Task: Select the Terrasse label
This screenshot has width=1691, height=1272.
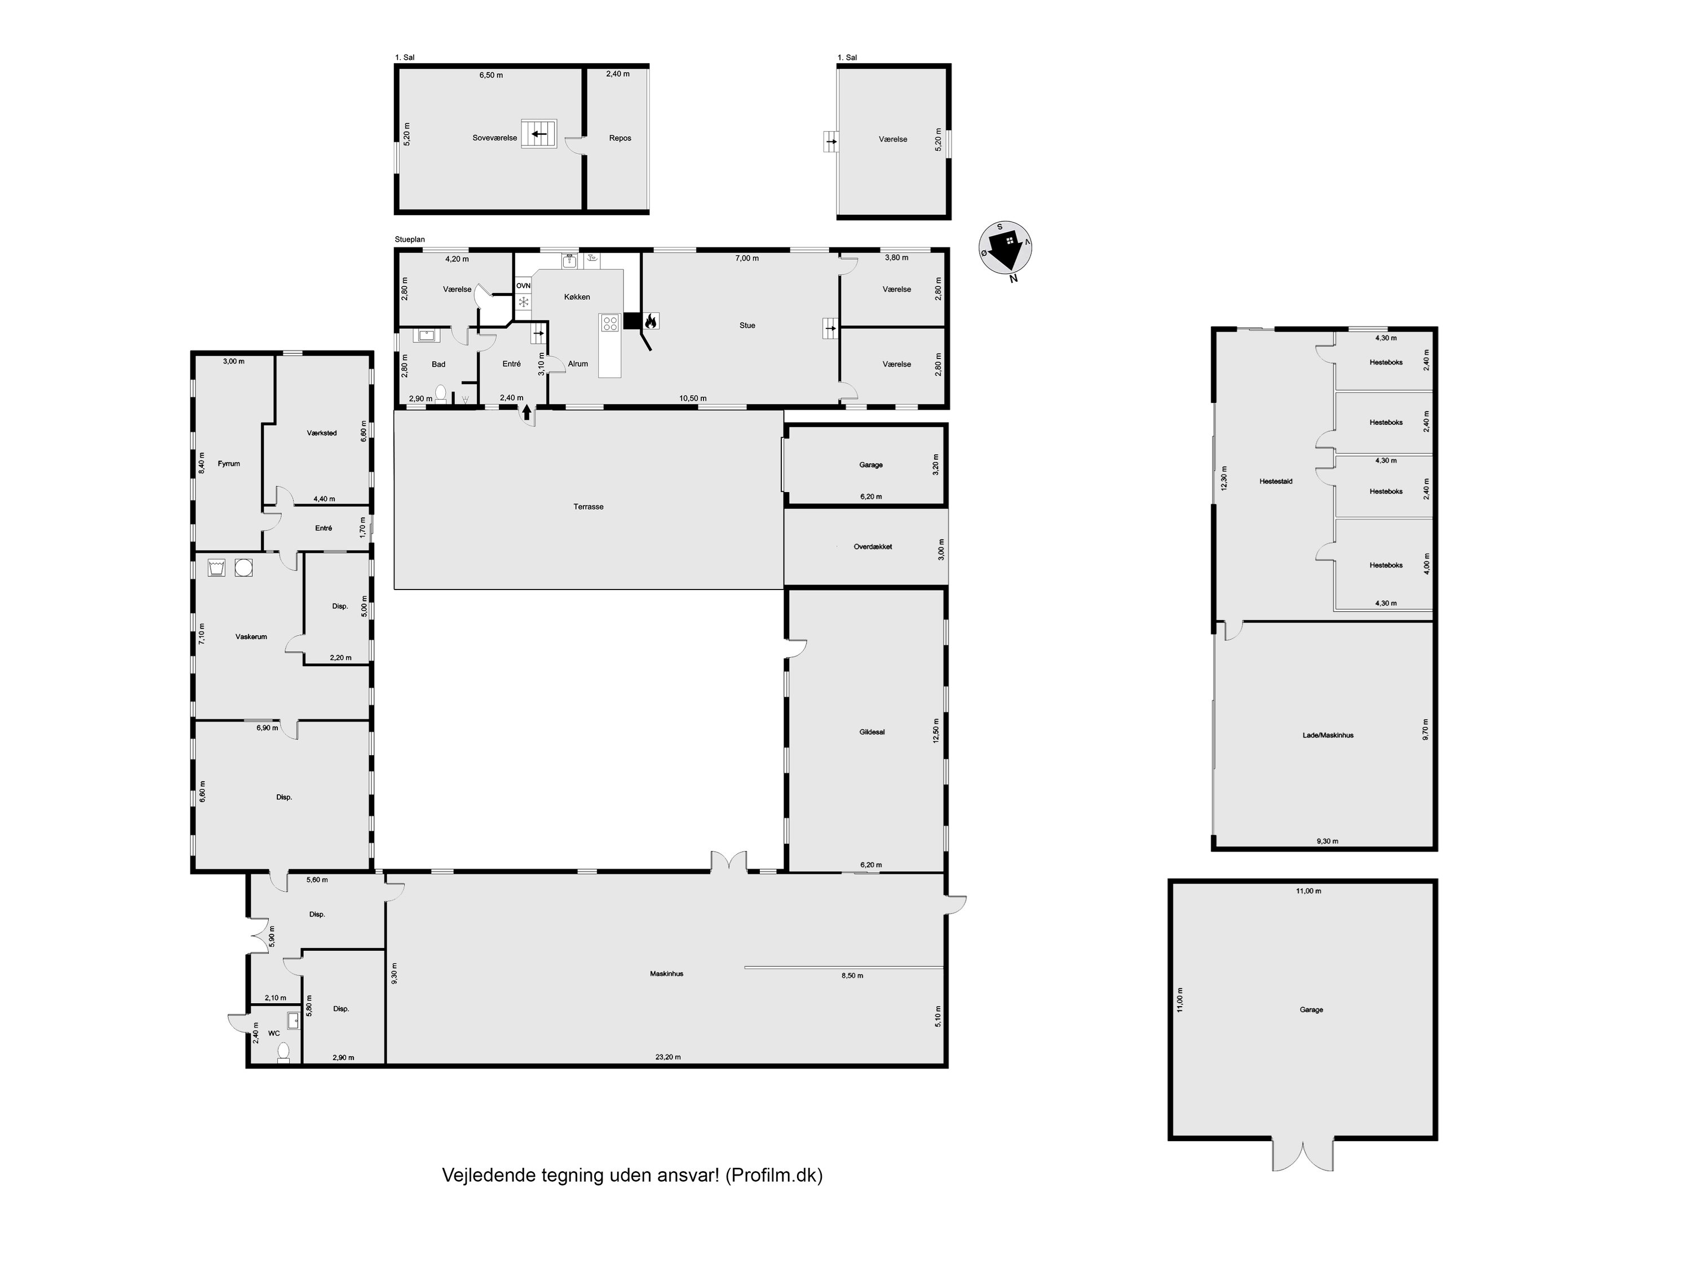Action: point(588,507)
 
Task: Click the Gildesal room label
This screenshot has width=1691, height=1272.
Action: point(871,732)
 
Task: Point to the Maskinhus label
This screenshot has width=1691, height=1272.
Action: point(667,974)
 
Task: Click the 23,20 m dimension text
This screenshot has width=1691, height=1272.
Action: point(667,1057)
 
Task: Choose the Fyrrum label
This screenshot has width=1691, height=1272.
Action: point(229,464)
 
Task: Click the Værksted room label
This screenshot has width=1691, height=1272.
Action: point(322,433)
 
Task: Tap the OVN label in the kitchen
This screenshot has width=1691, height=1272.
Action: point(524,285)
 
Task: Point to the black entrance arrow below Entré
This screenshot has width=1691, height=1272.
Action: point(526,413)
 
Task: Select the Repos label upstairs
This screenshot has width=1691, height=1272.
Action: point(620,139)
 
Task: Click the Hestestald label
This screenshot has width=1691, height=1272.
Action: point(1276,482)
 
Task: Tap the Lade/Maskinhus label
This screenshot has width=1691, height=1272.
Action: point(1328,735)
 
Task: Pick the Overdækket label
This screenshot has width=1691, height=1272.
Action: point(873,547)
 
